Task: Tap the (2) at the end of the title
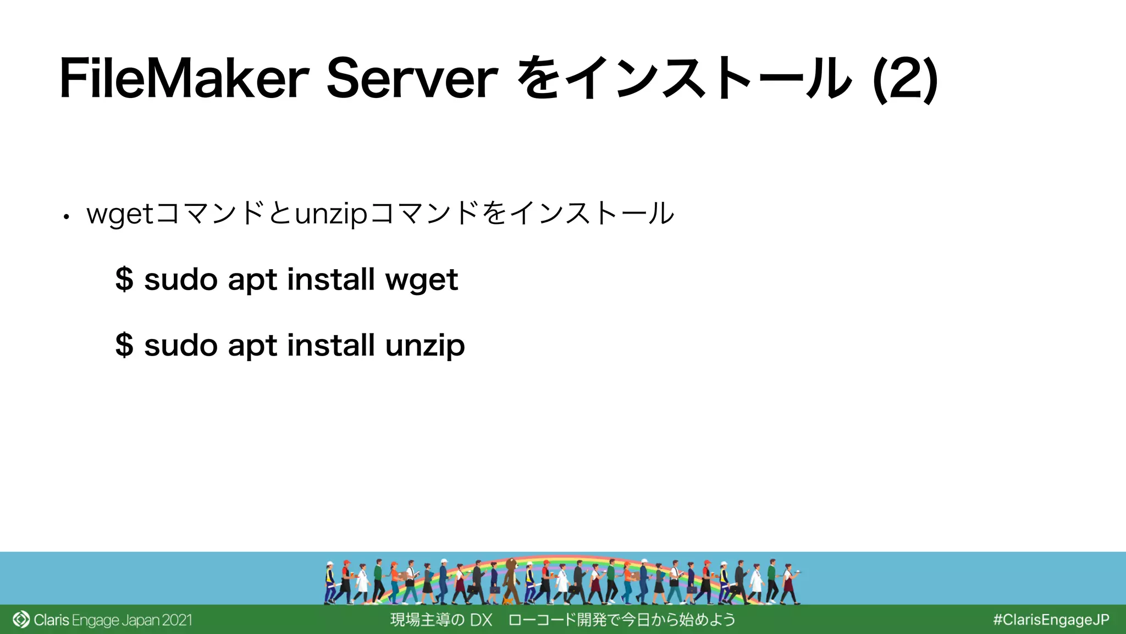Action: (x=905, y=80)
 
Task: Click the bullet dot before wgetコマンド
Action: (x=66, y=217)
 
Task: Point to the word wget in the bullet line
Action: (x=120, y=214)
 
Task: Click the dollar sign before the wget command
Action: (x=124, y=279)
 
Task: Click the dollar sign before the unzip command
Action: (x=124, y=345)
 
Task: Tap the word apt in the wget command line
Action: (x=251, y=280)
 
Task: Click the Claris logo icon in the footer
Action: (x=21, y=620)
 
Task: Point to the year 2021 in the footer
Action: (x=177, y=620)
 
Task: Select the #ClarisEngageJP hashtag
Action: (x=1051, y=620)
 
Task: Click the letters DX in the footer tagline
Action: (x=481, y=620)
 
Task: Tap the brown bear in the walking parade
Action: (x=511, y=578)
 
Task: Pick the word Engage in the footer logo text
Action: (x=95, y=620)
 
